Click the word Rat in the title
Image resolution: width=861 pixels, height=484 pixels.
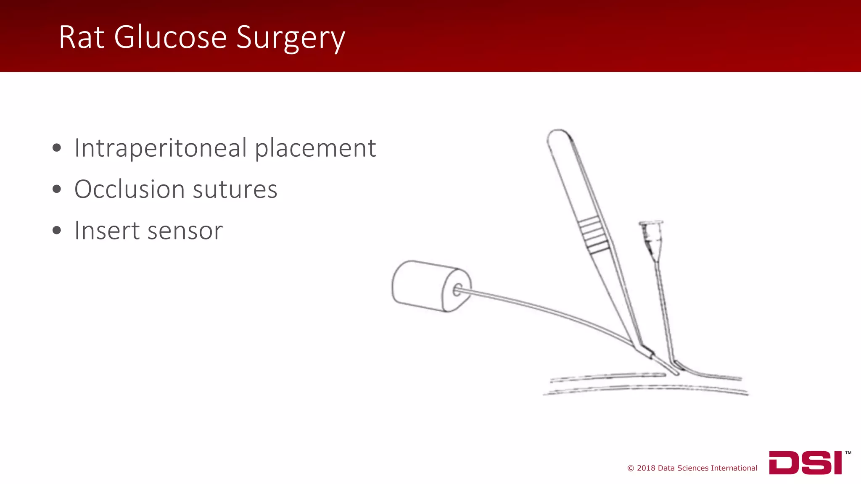coord(81,38)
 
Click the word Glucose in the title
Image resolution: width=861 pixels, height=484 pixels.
coord(170,38)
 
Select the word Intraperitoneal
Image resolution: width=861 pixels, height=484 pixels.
coord(160,148)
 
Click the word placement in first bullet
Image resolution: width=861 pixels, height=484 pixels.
coord(315,149)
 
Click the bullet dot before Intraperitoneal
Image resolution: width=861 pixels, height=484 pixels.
coord(57,148)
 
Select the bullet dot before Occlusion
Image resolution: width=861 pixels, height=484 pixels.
coord(57,189)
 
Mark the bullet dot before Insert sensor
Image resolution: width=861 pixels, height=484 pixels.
coord(57,230)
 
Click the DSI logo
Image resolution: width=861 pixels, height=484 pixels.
coord(805,463)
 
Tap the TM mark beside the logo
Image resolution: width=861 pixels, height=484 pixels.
coord(848,453)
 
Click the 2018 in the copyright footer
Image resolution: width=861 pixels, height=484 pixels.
coord(646,468)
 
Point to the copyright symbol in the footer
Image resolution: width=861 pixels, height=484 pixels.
coord(631,468)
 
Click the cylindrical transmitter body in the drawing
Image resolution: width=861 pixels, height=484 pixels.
coord(425,286)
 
